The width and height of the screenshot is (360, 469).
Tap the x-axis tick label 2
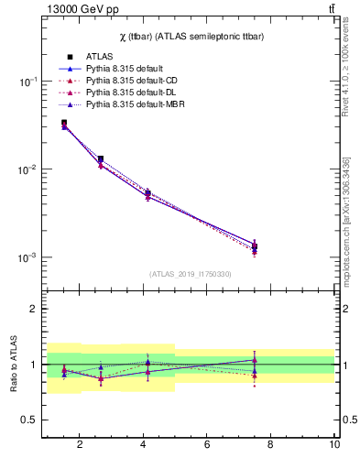pos(80,446)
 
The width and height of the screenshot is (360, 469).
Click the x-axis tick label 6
pos(207,446)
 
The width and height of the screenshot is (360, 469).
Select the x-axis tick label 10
pos(334,446)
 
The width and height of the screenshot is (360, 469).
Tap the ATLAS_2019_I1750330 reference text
pos(191,274)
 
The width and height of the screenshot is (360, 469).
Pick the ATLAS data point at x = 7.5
pos(255,246)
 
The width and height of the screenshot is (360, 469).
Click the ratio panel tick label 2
pos(32,310)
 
